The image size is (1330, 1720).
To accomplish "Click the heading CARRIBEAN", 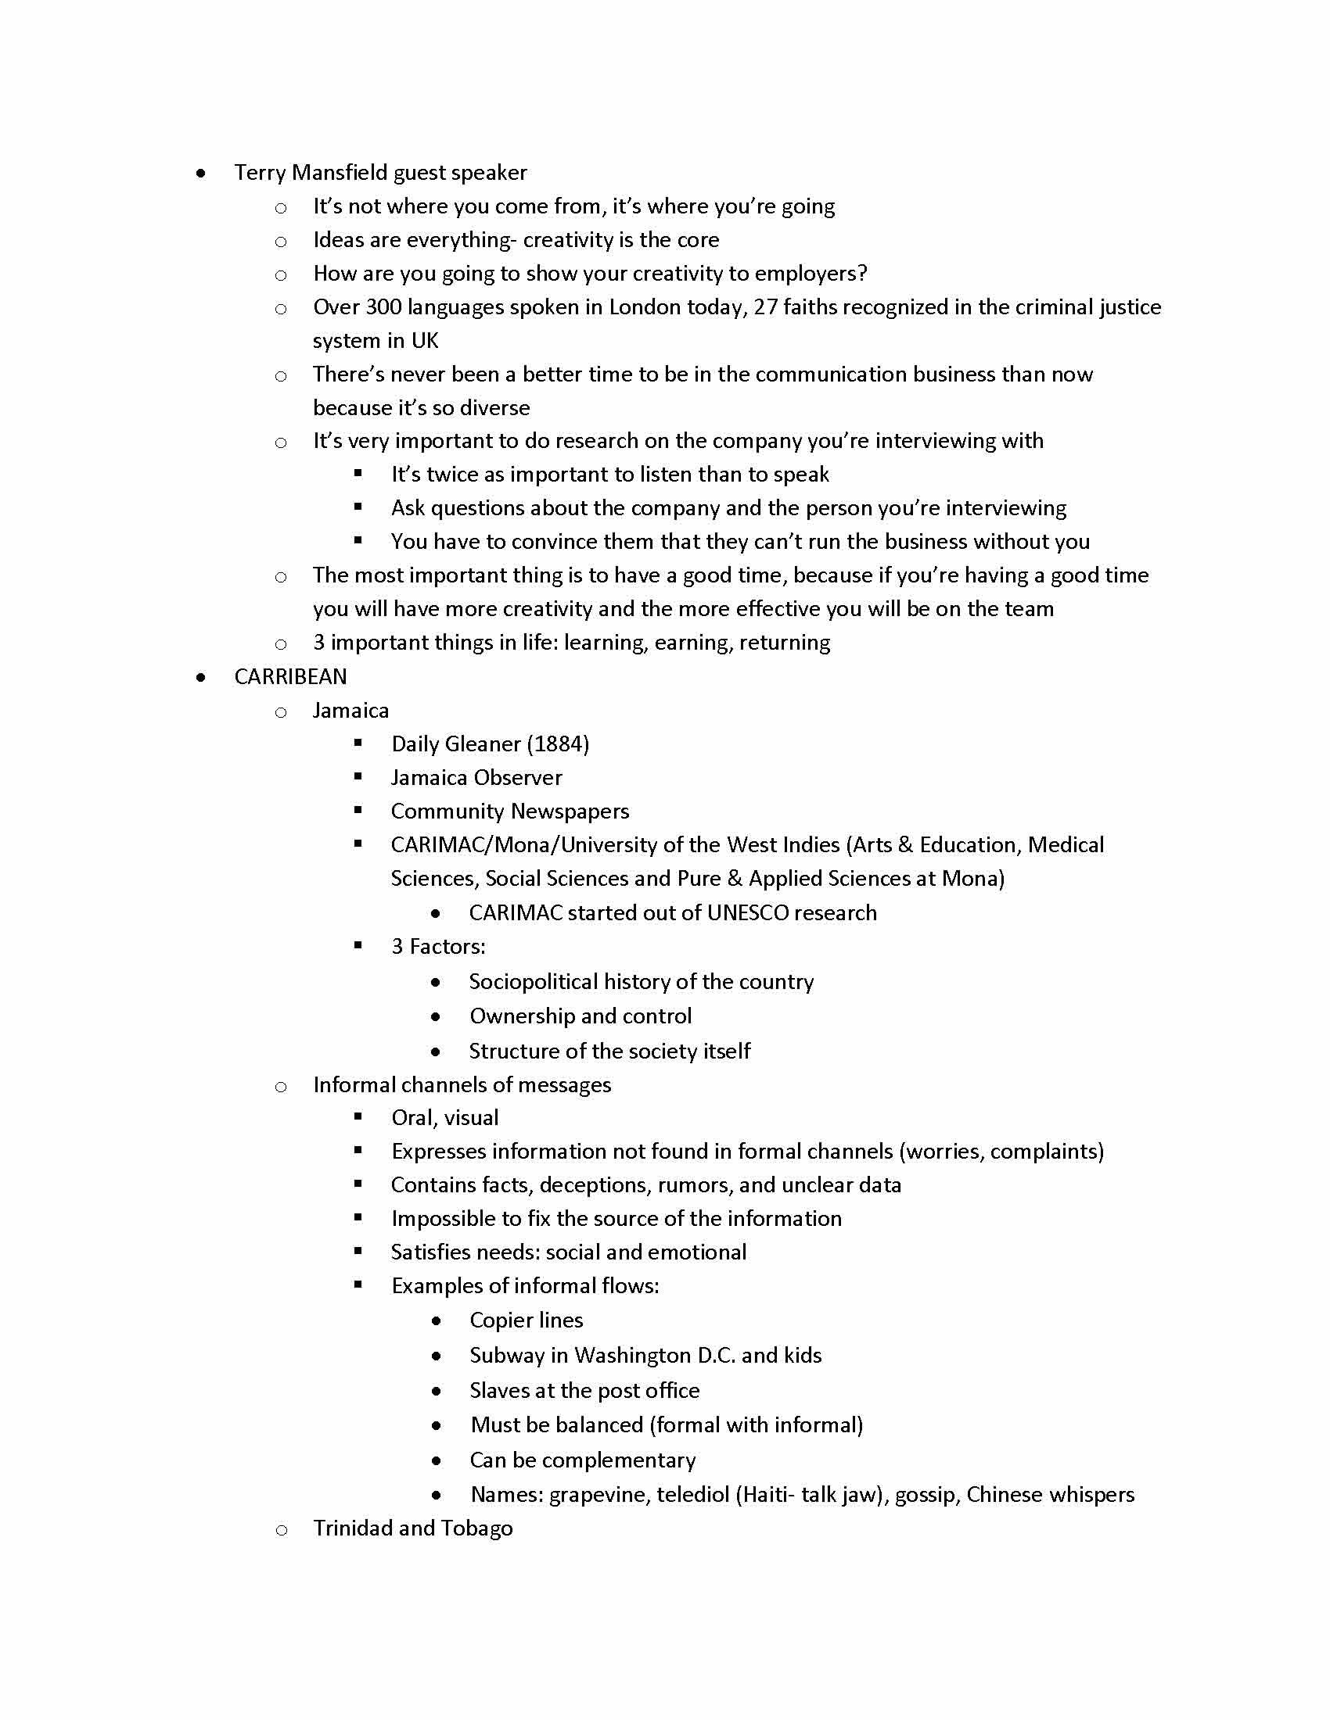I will point(290,676).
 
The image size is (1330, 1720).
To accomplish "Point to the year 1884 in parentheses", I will point(558,744).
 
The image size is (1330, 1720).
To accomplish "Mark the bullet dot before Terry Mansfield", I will point(202,174).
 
